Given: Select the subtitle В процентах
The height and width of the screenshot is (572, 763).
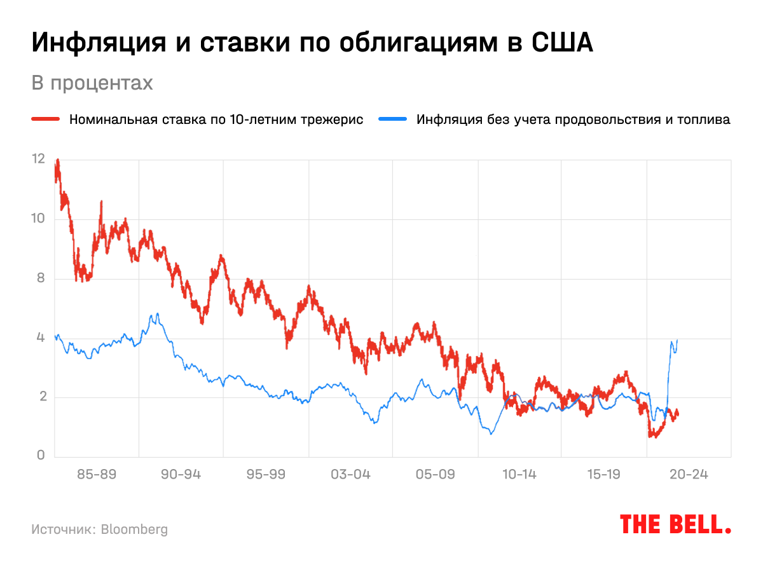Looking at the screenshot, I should click(92, 83).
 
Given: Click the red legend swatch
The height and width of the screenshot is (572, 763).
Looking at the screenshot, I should click(46, 119).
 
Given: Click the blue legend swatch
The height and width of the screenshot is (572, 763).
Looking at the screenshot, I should click(392, 119).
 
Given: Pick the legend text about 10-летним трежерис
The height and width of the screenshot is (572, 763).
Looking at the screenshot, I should click(216, 119).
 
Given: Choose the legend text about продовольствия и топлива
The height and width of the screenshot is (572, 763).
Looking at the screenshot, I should click(572, 119).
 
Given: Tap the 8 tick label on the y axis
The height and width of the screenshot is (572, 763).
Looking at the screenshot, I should click(41, 278).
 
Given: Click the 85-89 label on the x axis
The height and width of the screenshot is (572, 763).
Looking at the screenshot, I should click(97, 475).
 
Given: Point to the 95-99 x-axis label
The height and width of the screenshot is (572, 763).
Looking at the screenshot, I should click(266, 475).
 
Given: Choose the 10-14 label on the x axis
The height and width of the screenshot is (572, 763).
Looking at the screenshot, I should click(519, 475).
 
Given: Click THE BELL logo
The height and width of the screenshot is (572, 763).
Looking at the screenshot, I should click(675, 524).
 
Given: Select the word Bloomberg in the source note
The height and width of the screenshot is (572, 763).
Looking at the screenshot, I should click(134, 529).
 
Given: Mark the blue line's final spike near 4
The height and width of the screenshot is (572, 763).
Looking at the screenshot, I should click(677, 341).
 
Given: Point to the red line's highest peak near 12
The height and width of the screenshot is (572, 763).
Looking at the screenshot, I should click(58, 161).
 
